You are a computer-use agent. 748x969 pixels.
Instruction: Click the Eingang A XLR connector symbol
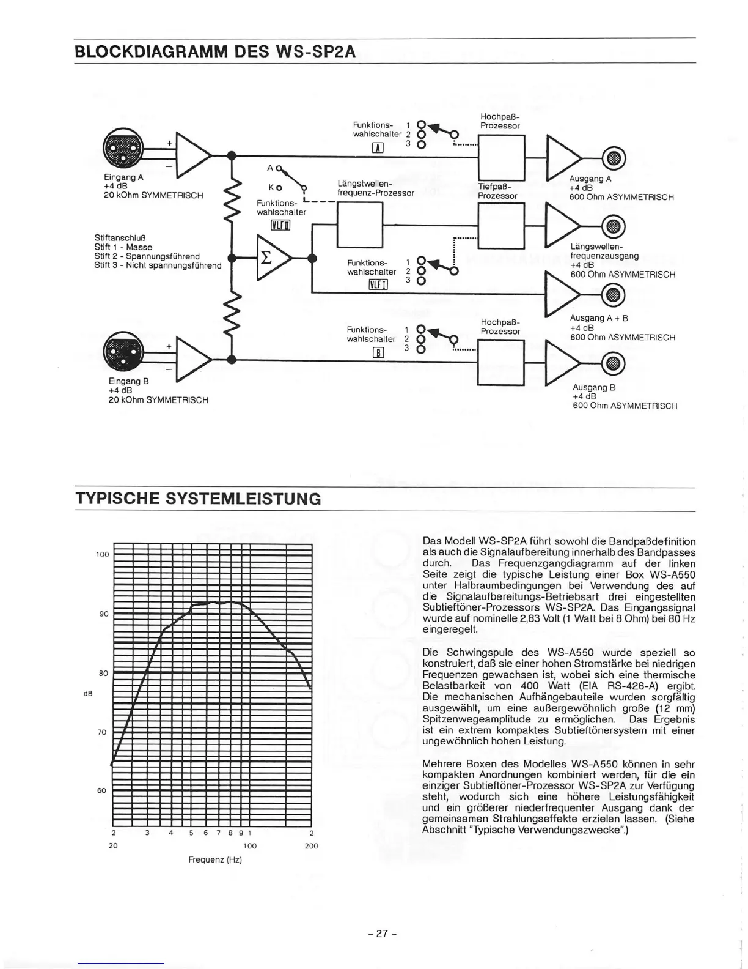point(123,147)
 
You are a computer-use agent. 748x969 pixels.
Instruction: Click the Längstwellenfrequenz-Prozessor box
point(359,225)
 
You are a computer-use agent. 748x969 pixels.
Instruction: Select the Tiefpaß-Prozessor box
point(501,225)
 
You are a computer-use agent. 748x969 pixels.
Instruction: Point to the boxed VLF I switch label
point(379,284)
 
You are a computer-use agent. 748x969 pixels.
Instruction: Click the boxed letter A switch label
point(378,147)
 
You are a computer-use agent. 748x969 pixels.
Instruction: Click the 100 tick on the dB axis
point(102,554)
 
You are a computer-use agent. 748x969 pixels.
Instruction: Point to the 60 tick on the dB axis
point(102,790)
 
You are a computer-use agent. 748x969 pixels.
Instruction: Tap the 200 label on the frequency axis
point(311,846)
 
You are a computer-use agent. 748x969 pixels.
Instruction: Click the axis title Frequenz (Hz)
point(215,859)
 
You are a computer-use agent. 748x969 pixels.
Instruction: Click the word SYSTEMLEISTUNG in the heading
point(243,499)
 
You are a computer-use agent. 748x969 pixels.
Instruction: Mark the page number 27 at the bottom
point(383,934)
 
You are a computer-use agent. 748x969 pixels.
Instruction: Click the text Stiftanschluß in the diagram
point(120,237)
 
